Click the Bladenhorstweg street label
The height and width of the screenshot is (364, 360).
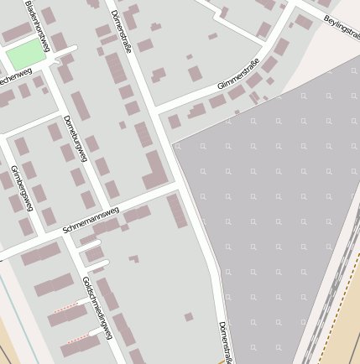coord(37,25)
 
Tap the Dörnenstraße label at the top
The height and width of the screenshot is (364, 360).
coord(121,31)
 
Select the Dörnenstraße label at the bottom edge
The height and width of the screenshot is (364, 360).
coord(224,342)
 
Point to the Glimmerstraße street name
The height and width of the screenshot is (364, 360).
coord(238,74)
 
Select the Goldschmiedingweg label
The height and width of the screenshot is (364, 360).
coord(97,307)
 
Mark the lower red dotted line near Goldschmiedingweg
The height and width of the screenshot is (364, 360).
coord(77,338)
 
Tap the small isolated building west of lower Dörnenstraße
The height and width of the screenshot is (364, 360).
coord(189,317)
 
